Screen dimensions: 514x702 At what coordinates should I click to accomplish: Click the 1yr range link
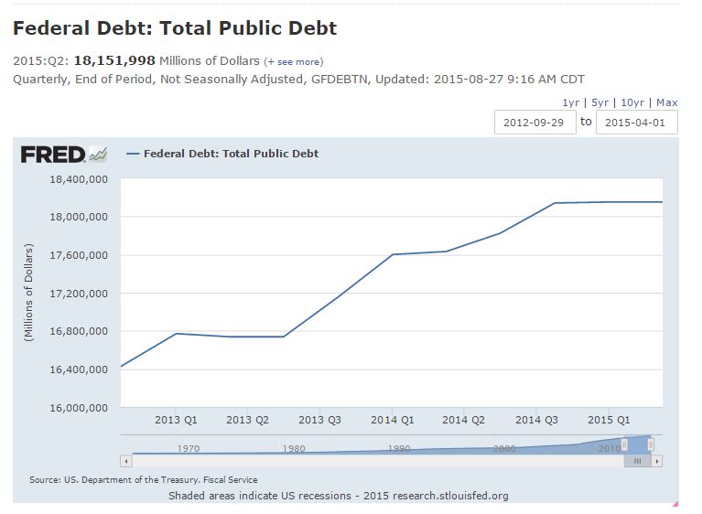(570, 102)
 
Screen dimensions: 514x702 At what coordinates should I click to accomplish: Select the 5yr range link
(599, 102)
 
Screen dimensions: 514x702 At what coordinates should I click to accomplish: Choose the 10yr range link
(632, 102)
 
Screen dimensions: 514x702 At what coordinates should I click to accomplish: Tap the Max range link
(666, 102)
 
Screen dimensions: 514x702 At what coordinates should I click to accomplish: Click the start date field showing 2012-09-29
(535, 122)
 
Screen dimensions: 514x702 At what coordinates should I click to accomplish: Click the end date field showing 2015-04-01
(636, 122)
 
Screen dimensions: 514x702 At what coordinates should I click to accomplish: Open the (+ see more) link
(293, 61)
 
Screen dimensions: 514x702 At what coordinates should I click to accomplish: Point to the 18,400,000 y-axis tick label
(79, 179)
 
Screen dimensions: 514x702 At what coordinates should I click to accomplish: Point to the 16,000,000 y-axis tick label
(79, 408)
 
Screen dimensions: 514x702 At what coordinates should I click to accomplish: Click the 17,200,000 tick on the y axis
(79, 294)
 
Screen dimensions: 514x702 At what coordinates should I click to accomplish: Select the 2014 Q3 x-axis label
(536, 420)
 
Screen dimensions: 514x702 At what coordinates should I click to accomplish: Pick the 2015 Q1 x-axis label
(609, 420)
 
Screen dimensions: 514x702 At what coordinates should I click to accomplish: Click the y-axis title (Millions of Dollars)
(28, 293)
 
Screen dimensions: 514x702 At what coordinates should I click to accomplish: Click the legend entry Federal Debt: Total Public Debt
(231, 154)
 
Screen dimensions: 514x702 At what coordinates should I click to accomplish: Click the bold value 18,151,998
(114, 60)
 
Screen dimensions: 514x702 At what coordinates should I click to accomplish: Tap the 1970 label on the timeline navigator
(189, 448)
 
